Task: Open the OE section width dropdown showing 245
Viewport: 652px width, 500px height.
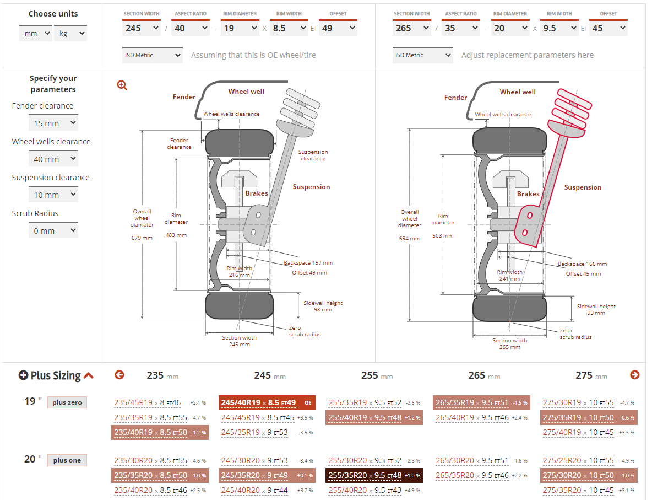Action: (x=141, y=28)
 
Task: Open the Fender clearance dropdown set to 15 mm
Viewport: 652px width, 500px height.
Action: (x=53, y=123)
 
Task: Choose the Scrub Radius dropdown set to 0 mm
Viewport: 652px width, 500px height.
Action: (x=53, y=231)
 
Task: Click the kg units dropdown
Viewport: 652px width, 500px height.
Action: (x=70, y=34)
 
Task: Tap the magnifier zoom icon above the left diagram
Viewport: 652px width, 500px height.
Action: (x=122, y=85)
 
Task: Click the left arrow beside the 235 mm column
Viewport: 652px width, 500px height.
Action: (x=119, y=375)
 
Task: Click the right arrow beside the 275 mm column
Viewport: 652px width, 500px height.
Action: (x=634, y=375)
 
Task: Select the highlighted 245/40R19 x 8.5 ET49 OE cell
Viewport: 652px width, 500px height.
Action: (x=267, y=402)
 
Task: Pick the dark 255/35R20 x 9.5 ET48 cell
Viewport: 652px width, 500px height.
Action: (x=374, y=475)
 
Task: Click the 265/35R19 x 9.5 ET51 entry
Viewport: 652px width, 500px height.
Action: (x=481, y=402)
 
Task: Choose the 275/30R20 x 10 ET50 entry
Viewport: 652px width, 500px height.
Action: (x=588, y=475)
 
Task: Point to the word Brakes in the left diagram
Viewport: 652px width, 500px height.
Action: (x=257, y=193)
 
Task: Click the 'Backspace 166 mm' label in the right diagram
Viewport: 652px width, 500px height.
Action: (x=582, y=264)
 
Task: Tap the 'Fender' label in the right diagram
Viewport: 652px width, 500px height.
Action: (x=455, y=98)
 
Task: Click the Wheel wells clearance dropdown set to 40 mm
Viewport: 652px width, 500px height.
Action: (x=53, y=159)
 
